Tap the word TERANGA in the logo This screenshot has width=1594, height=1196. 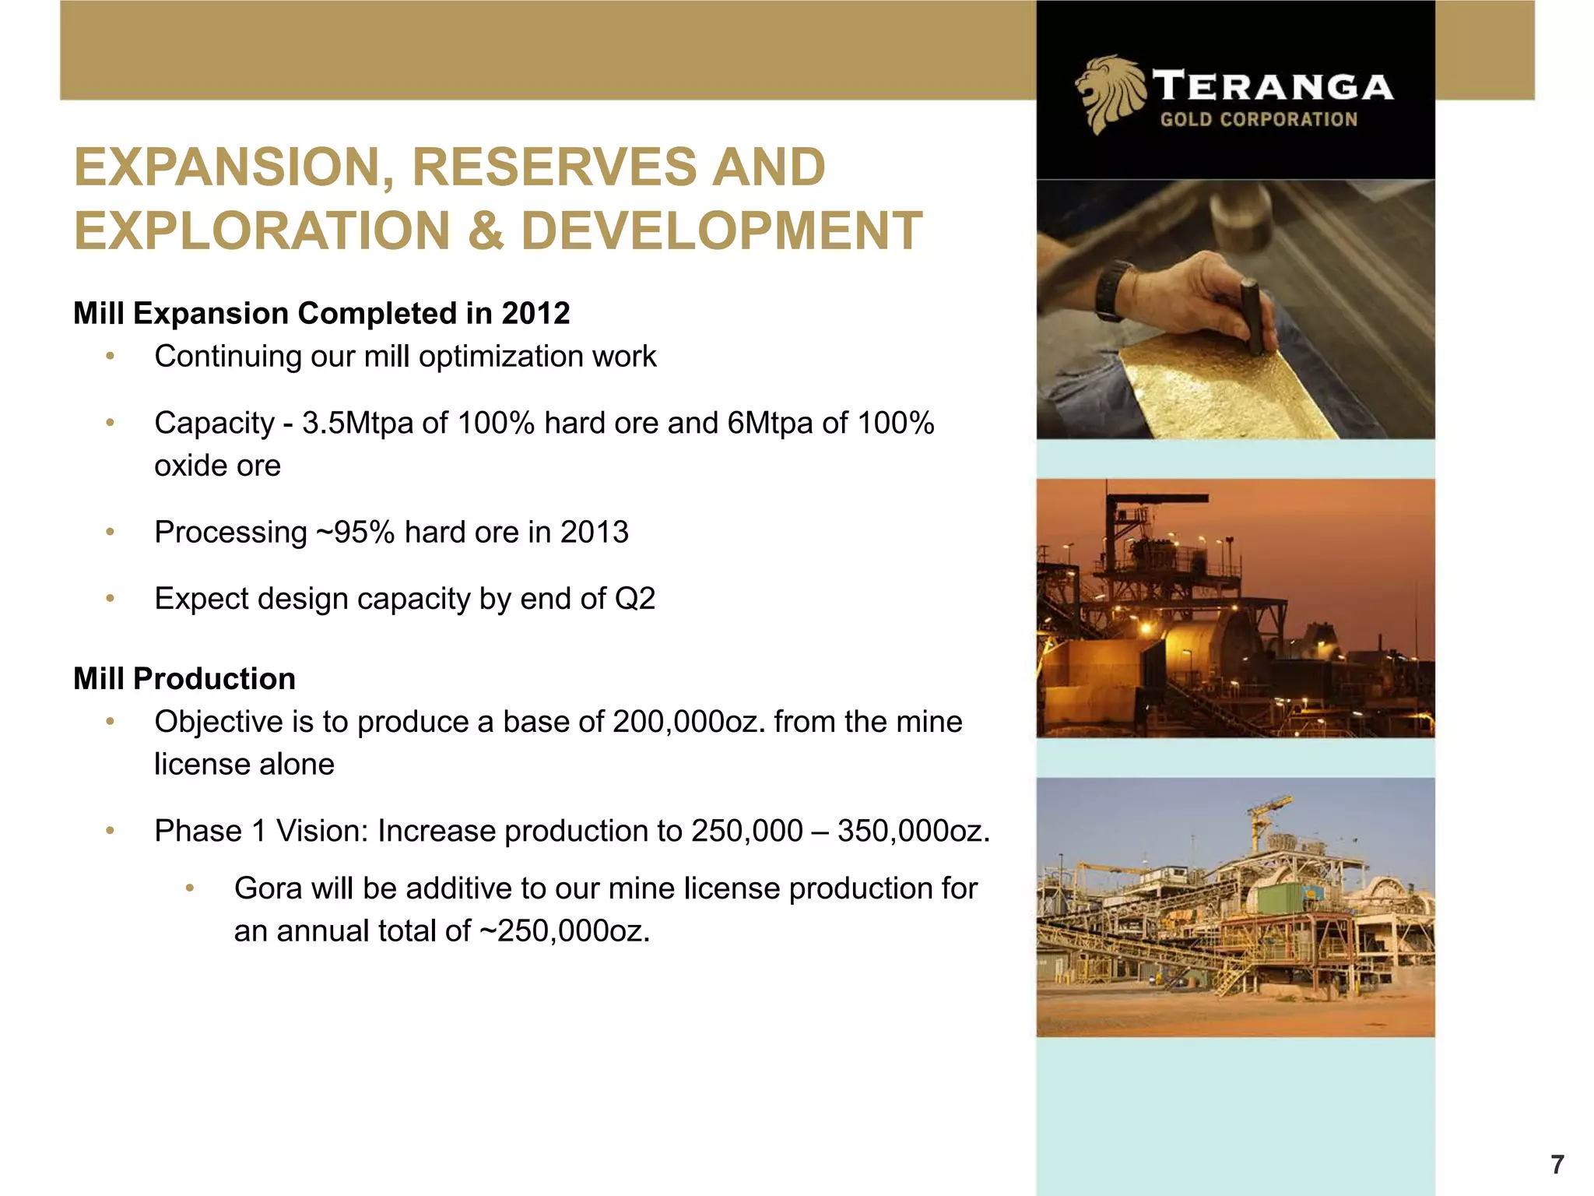tap(1273, 86)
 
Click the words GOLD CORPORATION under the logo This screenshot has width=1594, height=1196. tap(1259, 120)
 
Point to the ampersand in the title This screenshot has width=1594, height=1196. tap(486, 231)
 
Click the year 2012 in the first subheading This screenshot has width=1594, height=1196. tap(535, 314)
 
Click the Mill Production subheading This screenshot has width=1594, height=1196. tap(184, 679)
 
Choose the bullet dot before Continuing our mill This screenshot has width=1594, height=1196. tap(111, 357)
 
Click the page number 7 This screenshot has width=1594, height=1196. tap(1556, 1165)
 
